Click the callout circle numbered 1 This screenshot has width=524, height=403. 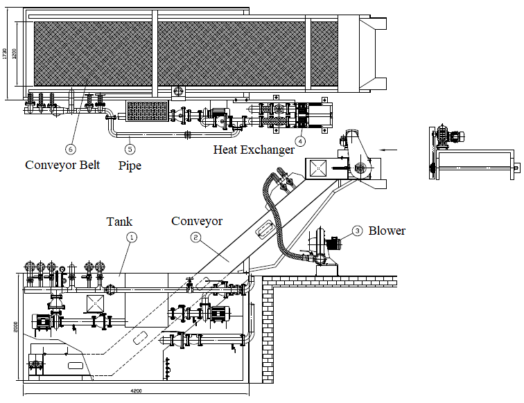(132, 237)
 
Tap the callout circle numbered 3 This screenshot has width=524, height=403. (357, 231)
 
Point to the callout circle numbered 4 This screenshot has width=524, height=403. (300, 141)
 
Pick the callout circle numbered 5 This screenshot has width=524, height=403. (130, 148)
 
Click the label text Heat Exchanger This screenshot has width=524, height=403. (254, 150)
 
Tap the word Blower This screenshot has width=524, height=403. (387, 231)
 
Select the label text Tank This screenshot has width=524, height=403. (119, 222)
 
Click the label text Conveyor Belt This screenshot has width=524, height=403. (62, 165)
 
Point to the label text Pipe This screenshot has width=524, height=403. (130, 166)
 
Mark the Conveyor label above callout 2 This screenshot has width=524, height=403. (197, 222)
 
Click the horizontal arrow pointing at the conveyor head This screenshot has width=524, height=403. (390, 149)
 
